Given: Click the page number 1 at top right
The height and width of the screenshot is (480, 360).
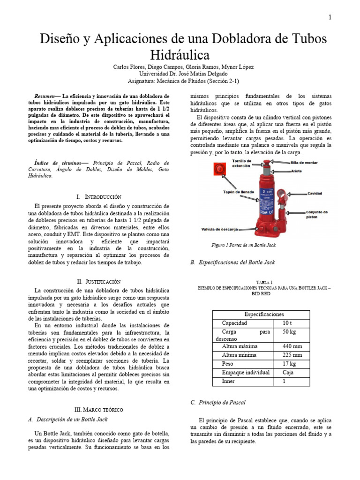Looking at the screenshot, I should pyautogui.click(x=330, y=18).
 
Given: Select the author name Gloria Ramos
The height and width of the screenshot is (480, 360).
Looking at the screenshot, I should pyautogui.click(x=203, y=67).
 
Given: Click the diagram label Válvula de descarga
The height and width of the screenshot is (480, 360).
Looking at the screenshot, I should pyautogui.click(x=220, y=229).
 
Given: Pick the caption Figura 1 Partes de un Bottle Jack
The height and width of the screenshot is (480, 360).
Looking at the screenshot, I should pyautogui.click(x=244, y=245).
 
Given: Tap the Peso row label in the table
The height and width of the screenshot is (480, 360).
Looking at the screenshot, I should pyautogui.click(x=227, y=364).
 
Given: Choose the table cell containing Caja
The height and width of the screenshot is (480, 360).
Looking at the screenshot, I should pyautogui.click(x=288, y=373).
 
